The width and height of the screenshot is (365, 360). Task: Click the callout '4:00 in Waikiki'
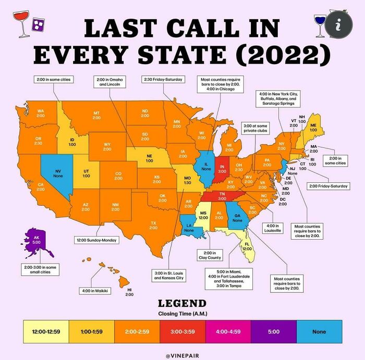94,290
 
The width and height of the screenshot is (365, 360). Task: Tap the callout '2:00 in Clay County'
209,255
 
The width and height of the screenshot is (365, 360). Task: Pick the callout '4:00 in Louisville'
273,227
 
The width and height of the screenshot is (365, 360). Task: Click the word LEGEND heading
182,303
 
